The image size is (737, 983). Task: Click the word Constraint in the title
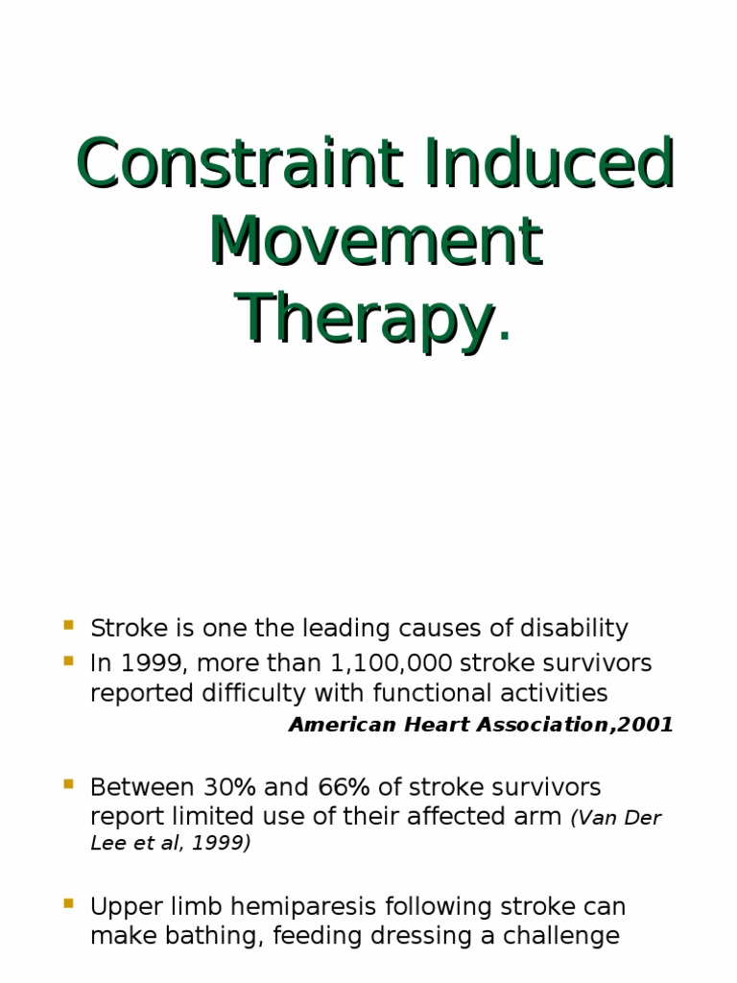point(229,164)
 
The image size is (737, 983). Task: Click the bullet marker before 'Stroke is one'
point(69,625)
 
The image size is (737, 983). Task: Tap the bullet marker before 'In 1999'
point(69,660)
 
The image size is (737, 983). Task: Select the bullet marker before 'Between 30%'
point(69,784)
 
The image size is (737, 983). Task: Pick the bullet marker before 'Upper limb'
point(69,903)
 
